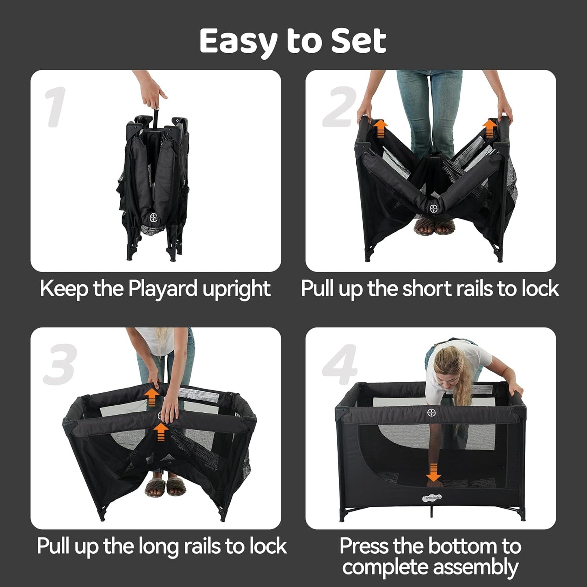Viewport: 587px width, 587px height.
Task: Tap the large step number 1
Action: point(56,107)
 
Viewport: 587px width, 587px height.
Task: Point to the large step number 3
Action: point(60,364)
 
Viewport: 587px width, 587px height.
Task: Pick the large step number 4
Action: point(340,364)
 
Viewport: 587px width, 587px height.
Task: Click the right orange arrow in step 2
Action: point(490,128)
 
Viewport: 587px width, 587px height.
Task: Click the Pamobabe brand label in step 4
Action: point(431,497)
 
